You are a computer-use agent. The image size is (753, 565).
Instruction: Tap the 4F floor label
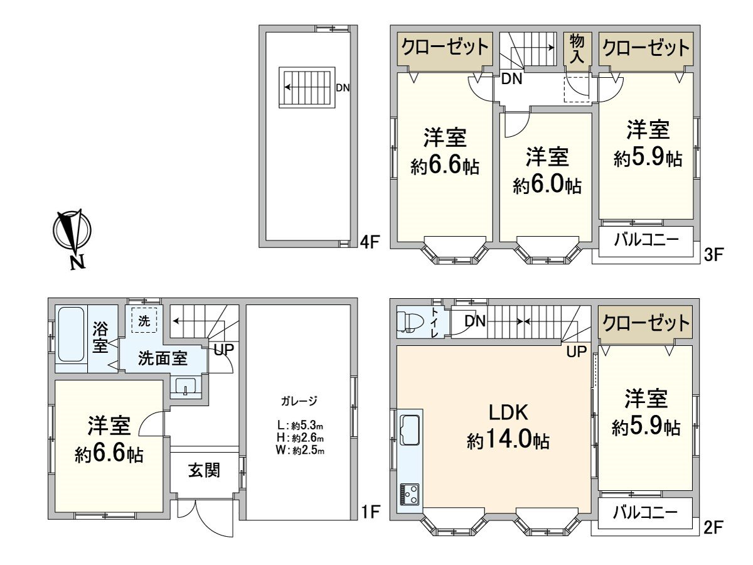370,242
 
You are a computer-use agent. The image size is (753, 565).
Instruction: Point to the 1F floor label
370,512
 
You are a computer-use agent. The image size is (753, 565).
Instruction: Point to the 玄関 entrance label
205,471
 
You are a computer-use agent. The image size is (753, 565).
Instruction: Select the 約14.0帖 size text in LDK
508,441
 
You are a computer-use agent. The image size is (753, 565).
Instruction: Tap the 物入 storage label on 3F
577,49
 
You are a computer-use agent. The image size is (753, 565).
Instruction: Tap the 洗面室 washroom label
163,358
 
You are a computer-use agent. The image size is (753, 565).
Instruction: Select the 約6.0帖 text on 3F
547,185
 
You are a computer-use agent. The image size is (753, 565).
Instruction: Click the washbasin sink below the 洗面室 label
186,386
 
